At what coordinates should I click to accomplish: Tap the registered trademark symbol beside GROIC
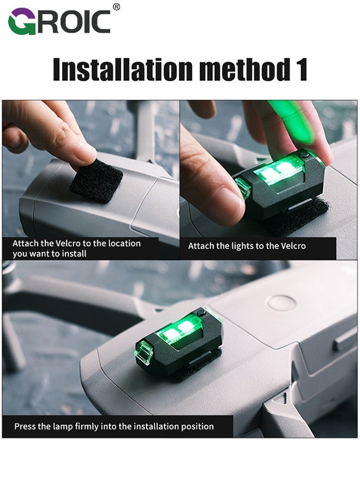[x=116, y=7]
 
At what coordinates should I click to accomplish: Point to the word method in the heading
[x=242, y=70]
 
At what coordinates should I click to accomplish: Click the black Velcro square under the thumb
[x=96, y=182]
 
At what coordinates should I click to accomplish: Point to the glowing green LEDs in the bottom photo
[x=177, y=328]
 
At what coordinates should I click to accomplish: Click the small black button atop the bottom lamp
[x=202, y=313]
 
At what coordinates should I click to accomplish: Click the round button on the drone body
[x=282, y=302]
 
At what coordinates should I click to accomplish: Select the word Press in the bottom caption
[x=26, y=426]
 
